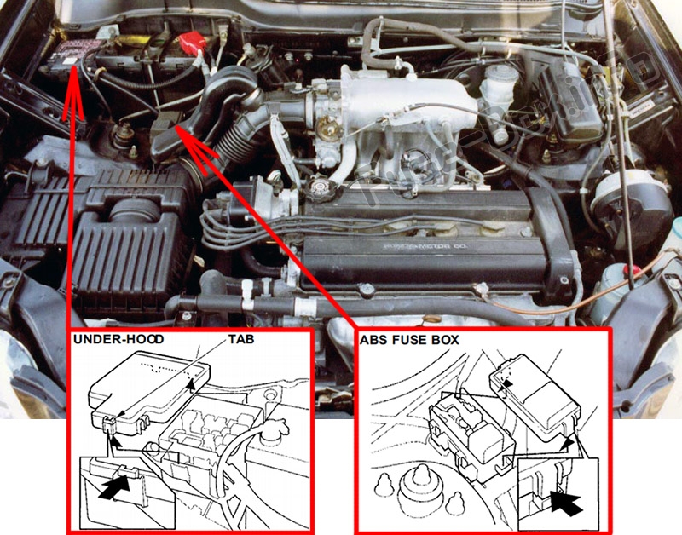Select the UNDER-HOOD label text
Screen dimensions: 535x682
(x=119, y=340)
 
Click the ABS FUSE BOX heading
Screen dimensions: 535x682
(x=410, y=340)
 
